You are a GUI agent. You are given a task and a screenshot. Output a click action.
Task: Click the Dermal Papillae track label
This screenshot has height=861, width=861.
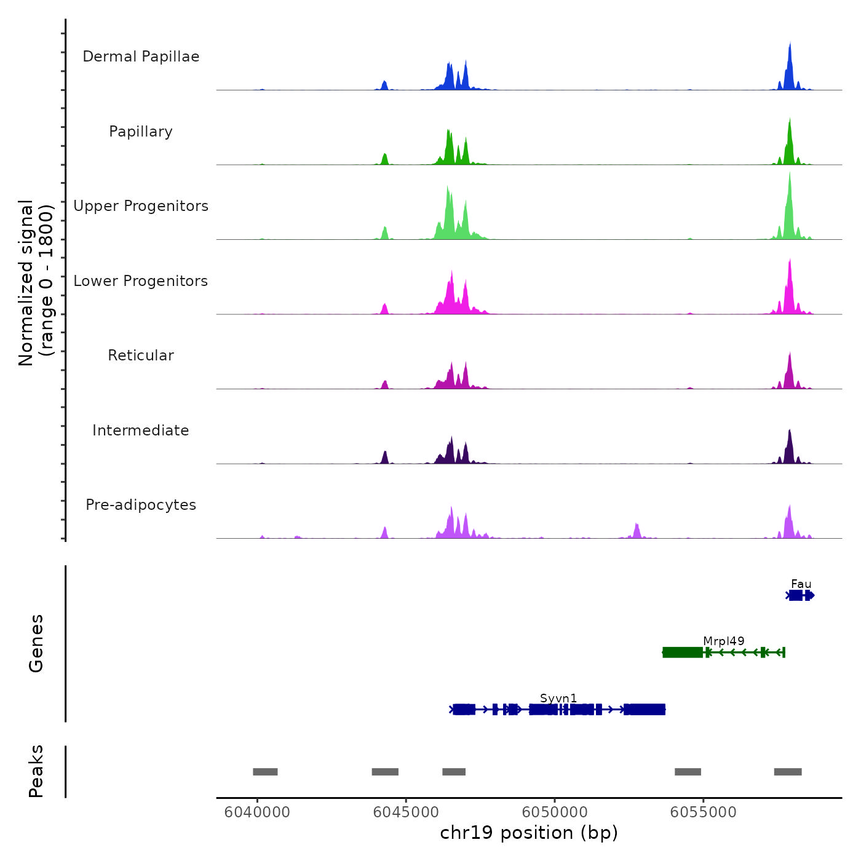pos(141,57)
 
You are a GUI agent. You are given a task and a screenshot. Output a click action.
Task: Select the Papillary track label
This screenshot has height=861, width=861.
pos(141,132)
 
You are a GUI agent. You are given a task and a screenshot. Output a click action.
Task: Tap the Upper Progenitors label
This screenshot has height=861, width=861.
pos(141,206)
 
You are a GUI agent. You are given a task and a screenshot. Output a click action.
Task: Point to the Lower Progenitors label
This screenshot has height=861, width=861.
pos(141,281)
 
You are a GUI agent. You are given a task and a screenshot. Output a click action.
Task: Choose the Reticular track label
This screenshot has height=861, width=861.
pos(141,355)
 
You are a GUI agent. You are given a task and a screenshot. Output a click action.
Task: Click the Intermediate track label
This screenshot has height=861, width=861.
pos(141,430)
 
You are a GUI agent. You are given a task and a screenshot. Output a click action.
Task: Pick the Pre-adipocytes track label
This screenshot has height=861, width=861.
pos(141,505)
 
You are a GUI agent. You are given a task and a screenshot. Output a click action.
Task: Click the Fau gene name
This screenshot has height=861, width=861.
pos(801,584)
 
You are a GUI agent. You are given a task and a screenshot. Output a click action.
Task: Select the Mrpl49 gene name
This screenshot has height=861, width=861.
pos(723,641)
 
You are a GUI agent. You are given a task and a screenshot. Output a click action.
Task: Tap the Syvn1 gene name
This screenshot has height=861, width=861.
pos(558,698)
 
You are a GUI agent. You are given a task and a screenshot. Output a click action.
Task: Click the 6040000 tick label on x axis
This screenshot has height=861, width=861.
pos(257,812)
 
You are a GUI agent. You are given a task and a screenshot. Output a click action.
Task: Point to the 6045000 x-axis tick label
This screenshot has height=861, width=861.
pos(406,812)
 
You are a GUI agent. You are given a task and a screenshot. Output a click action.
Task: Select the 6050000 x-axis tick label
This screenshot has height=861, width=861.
pos(555,812)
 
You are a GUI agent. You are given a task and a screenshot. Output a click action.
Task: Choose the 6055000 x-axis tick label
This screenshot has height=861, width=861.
pos(704,812)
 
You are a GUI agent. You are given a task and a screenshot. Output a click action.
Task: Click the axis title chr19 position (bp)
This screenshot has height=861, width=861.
pos(529,833)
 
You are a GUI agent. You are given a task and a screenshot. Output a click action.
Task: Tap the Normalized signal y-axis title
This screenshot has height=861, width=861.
pos(36,282)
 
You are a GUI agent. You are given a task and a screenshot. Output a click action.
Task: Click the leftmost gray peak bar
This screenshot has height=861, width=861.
pos(265,772)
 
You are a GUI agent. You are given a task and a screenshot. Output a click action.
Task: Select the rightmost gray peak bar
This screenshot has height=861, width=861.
pos(788,772)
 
